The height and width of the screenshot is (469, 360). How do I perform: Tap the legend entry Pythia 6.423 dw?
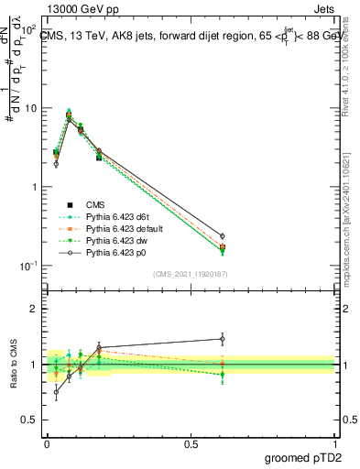point(115,240)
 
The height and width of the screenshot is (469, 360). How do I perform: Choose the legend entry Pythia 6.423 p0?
point(115,252)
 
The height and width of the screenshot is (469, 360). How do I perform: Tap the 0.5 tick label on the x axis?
point(191,442)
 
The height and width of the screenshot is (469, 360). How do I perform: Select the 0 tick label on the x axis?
point(47,442)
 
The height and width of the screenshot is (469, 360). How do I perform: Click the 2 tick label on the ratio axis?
point(34,309)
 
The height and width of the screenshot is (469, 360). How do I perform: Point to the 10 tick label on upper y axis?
point(30,108)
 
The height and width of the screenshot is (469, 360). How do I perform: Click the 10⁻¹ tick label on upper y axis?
point(28,266)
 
